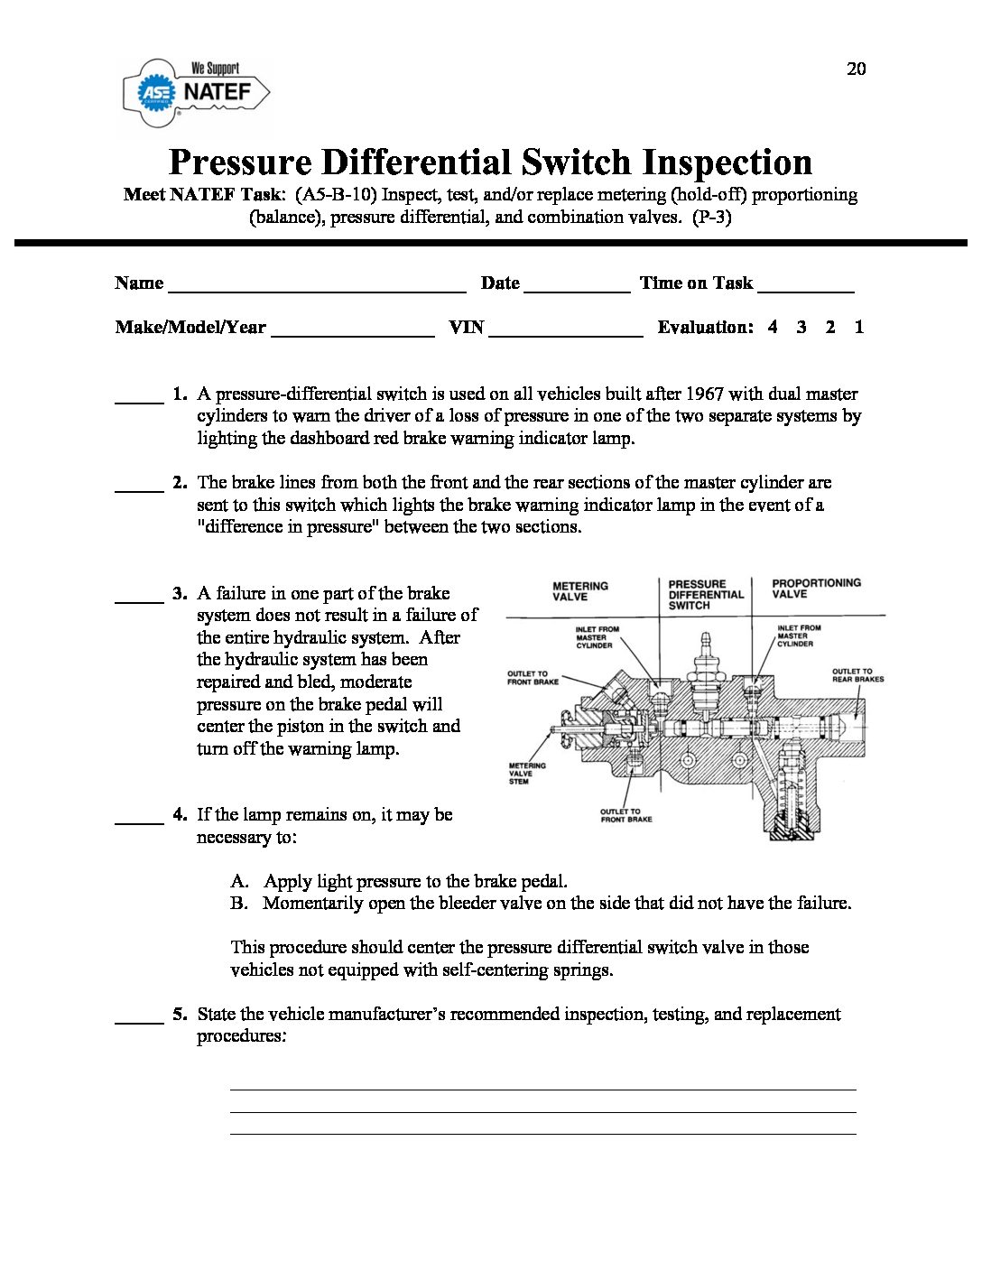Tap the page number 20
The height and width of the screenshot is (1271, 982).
pyautogui.click(x=856, y=70)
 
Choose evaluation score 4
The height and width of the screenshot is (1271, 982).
pyautogui.click(x=773, y=328)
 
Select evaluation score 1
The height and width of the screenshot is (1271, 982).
pyautogui.click(x=858, y=328)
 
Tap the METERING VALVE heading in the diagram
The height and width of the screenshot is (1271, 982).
pyautogui.click(x=580, y=591)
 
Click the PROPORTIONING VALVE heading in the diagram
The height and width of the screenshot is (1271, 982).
pyautogui.click(x=816, y=589)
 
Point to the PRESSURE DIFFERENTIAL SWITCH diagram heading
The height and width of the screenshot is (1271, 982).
pyautogui.click(x=706, y=595)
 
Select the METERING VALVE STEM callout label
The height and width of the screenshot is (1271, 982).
pyautogui.click(x=527, y=774)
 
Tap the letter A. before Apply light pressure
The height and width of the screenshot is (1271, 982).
pyautogui.click(x=239, y=881)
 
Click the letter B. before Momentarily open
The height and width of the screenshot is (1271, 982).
pyautogui.click(x=239, y=904)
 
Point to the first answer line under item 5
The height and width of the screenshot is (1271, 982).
pyautogui.click(x=542, y=1089)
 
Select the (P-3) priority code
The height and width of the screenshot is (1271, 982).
pyautogui.click(x=710, y=218)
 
